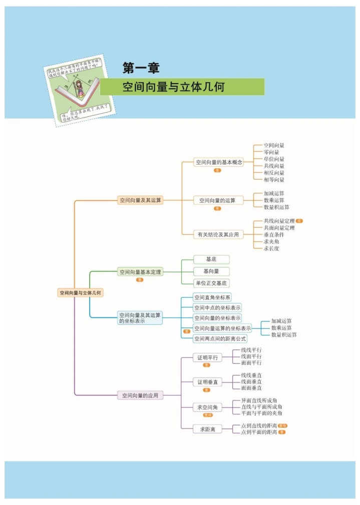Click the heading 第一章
tap(141, 68)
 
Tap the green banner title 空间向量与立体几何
tap(173, 87)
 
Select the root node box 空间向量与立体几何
tap(80, 293)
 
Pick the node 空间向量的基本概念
tap(218, 162)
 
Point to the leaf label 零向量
tap(271, 152)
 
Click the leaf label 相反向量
tap(274, 173)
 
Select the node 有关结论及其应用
tap(218, 234)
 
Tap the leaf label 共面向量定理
tap(279, 228)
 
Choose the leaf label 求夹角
tap(271, 241)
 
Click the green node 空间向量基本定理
tap(140, 272)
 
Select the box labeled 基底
tap(211, 259)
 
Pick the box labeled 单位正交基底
tap(211, 283)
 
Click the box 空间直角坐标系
tap(213, 297)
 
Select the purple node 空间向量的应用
tap(140, 395)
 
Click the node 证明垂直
tap(207, 382)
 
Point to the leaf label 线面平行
tap(251, 356)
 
